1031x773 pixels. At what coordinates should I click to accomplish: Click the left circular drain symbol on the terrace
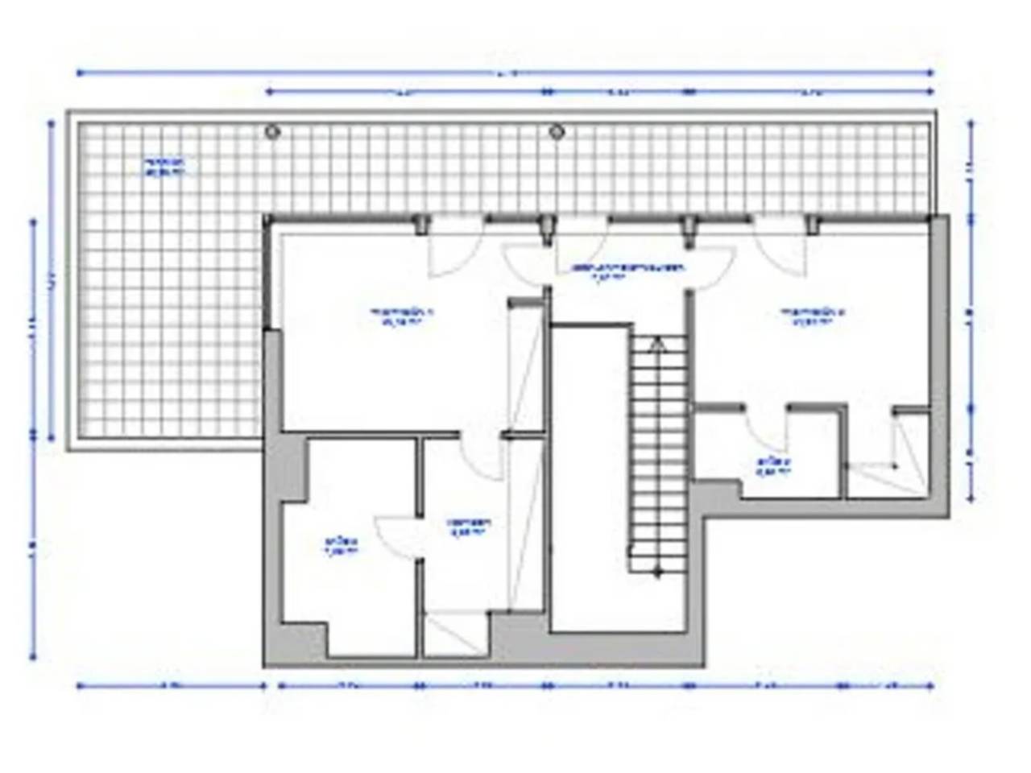click(x=272, y=130)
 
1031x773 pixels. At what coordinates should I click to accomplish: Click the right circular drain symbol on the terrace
click(x=555, y=130)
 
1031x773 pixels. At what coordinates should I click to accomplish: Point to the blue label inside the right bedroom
click(x=812, y=316)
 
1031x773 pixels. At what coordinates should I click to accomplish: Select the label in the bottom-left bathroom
click(x=341, y=546)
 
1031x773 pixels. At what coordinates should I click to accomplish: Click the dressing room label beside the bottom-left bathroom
click(x=470, y=526)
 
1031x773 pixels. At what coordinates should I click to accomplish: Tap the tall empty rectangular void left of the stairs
click(x=589, y=475)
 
